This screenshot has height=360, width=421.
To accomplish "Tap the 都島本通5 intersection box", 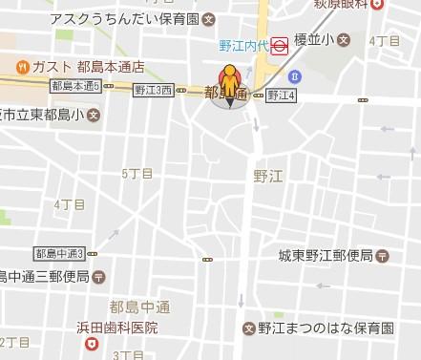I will click(x=75, y=87).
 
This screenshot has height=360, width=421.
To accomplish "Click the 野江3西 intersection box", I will click(x=154, y=91).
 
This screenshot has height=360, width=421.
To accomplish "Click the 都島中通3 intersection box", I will click(x=60, y=253).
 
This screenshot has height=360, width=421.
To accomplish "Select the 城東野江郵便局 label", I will click(x=325, y=256).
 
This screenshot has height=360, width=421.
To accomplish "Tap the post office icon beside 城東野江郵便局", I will click(x=383, y=256).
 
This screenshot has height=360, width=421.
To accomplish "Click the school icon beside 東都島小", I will click(x=93, y=116).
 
